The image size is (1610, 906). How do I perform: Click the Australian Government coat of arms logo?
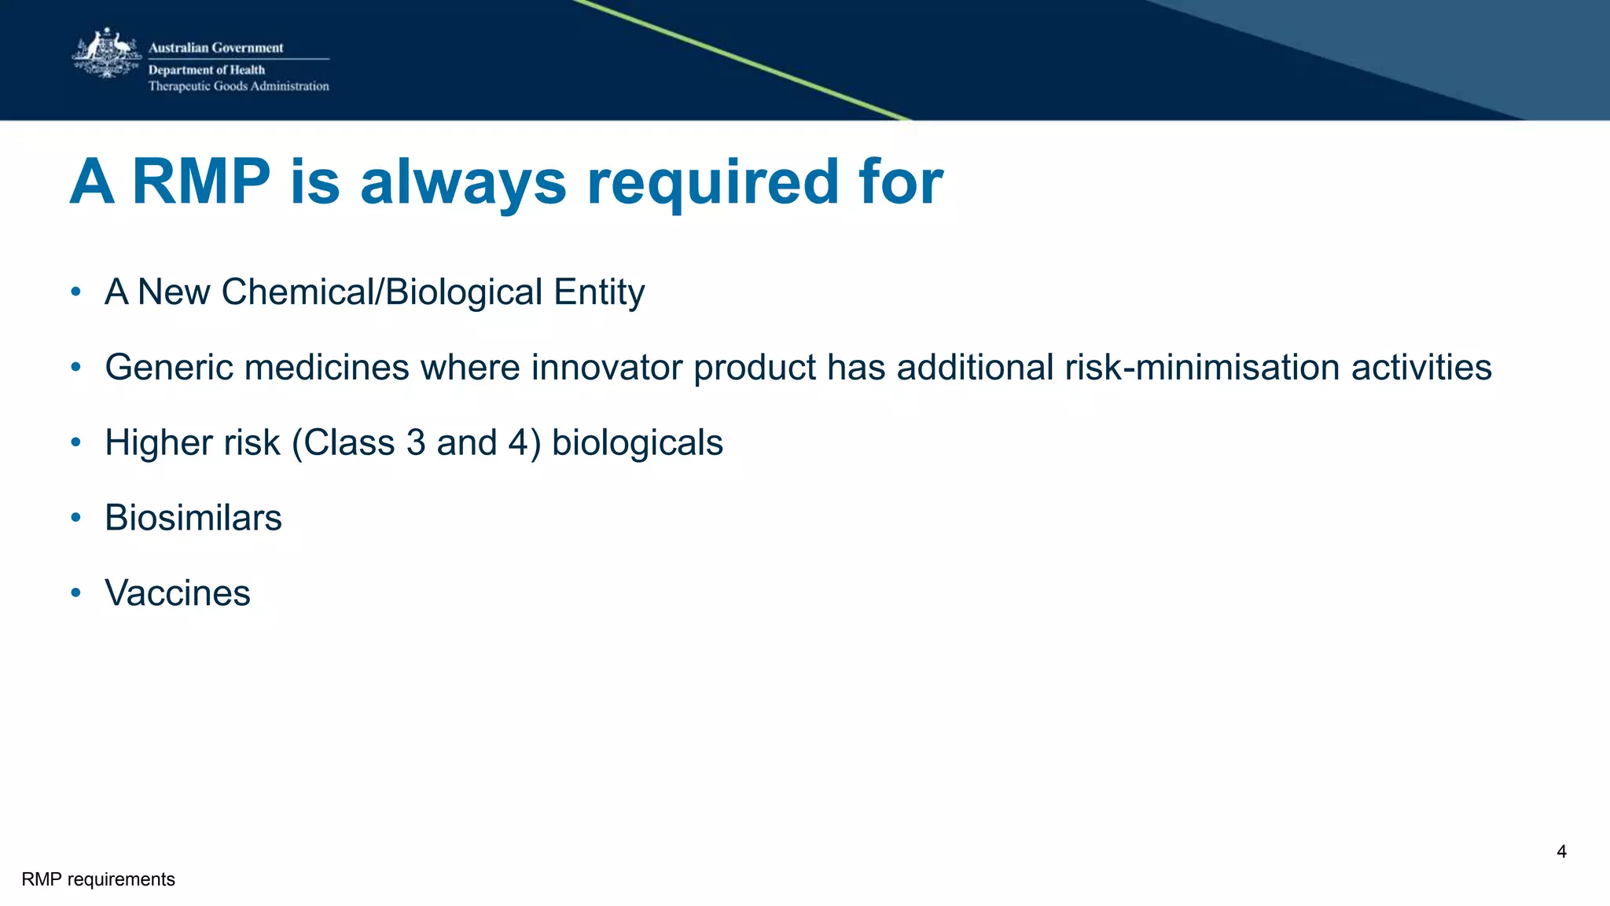(x=107, y=53)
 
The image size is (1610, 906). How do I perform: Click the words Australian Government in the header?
(x=215, y=48)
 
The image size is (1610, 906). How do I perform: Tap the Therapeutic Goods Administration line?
(x=238, y=86)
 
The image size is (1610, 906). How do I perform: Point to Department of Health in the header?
(x=207, y=70)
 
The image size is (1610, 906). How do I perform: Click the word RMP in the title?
(x=201, y=182)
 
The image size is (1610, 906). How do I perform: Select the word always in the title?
(x=463, y=182)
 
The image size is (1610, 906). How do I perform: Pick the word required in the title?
(x=713, y=182)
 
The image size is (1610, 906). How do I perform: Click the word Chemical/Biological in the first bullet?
(x=382, y=292)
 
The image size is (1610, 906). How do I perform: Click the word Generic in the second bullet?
(x=169, y=368)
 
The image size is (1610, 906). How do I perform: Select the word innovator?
(x=607, y=368)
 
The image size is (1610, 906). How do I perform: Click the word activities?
(x=1421, y=368)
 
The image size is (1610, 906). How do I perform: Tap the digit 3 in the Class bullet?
(x=416, y=442)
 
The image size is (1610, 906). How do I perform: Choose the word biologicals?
(x=637, y=442)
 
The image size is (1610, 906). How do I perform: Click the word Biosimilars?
(x=193, y=518)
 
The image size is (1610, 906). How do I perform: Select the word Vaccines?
(x=178, y=593)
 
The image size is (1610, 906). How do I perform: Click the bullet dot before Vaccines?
(x=75, y=592)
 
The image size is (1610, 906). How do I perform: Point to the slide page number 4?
(x=1561, y=852)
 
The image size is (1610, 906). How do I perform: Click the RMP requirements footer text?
(x=98, y=879)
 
